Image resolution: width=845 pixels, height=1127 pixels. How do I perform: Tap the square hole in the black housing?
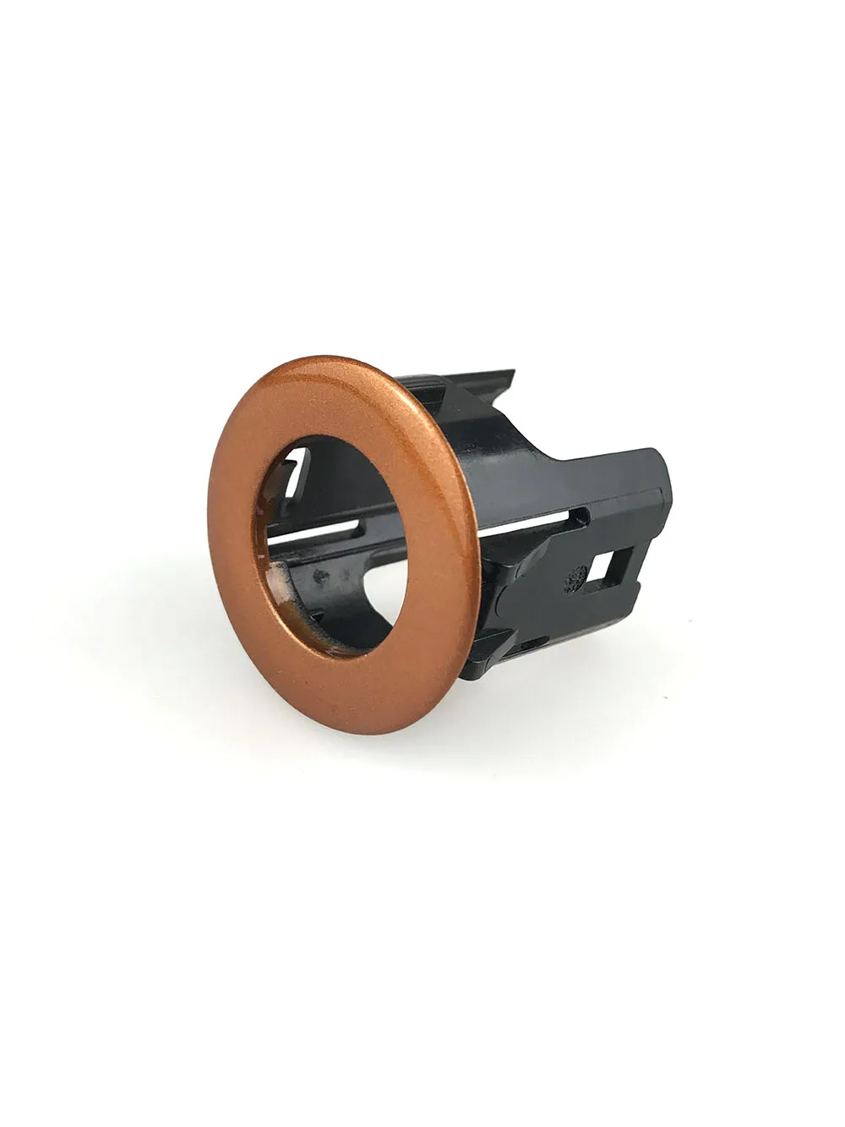click(x=606, y=566)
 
